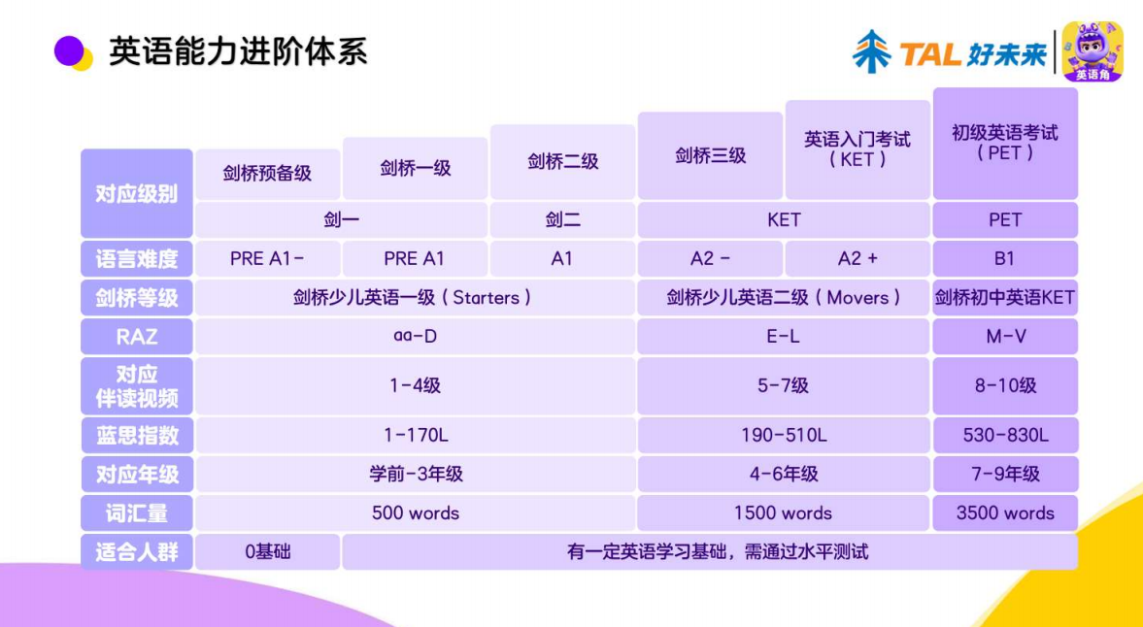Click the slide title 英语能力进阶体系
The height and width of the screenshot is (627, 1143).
pyautogui.click(x=238, y=51)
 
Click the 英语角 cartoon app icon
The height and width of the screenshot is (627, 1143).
pyautogui.click(x=1092, y=51)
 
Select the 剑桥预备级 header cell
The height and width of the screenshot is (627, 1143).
pyautogui.click(x=267, y=174)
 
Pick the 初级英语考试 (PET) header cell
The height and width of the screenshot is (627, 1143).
pyautogui.click(x=1004, y=144)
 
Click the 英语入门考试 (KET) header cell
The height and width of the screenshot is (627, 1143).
pyautogui.click(x=857, y=149)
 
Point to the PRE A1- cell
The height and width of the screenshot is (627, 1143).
pyautogui.click(x=267, y=258)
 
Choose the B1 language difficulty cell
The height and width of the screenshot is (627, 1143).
pyautogui.click(x=1004, y=258)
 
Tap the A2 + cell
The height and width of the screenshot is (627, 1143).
pyautogui.click(x=857, y=258)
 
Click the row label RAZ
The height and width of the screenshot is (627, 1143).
pyautogui.click(x=136, y=337)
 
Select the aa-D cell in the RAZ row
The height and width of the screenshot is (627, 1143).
pyautogui.click(x=415, y=337)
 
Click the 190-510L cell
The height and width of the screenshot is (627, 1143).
pyautogui.click(x=784, y=436)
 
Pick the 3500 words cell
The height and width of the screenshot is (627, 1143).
pyautogui.click(x=1004, y=512)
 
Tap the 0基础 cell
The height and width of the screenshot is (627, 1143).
pyautogui.click(x=267, y=552)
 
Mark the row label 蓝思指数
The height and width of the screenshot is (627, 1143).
pyautogui.click(x=136, y=436)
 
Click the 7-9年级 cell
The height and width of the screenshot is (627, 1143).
pyautogui.click(x=1004, y=474)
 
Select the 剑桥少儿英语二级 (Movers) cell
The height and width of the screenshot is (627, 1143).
pyautogui.click(x=784, y=298)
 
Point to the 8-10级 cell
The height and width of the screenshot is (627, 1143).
pyautogui.click(x=1004, y=385)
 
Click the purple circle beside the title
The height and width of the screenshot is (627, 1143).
pyautogui.click(x=69, y=50)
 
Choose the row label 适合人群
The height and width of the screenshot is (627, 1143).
pyautogui.click(x=136, y=552)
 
